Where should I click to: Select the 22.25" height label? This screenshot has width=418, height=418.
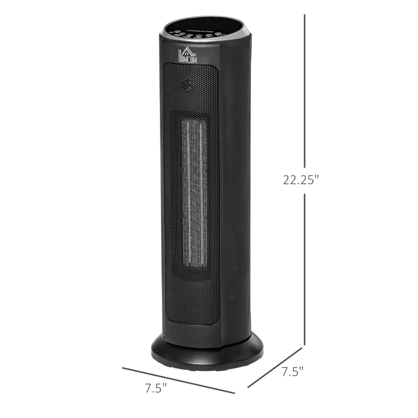(300, 180)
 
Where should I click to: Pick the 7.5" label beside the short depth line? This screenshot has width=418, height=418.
(293, 372)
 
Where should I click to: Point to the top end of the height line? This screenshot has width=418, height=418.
(305, 16)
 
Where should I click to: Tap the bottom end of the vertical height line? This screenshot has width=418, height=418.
(305, 344)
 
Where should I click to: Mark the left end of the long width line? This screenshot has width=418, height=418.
(123, 368)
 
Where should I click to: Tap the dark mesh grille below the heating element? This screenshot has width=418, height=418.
(191, 298)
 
